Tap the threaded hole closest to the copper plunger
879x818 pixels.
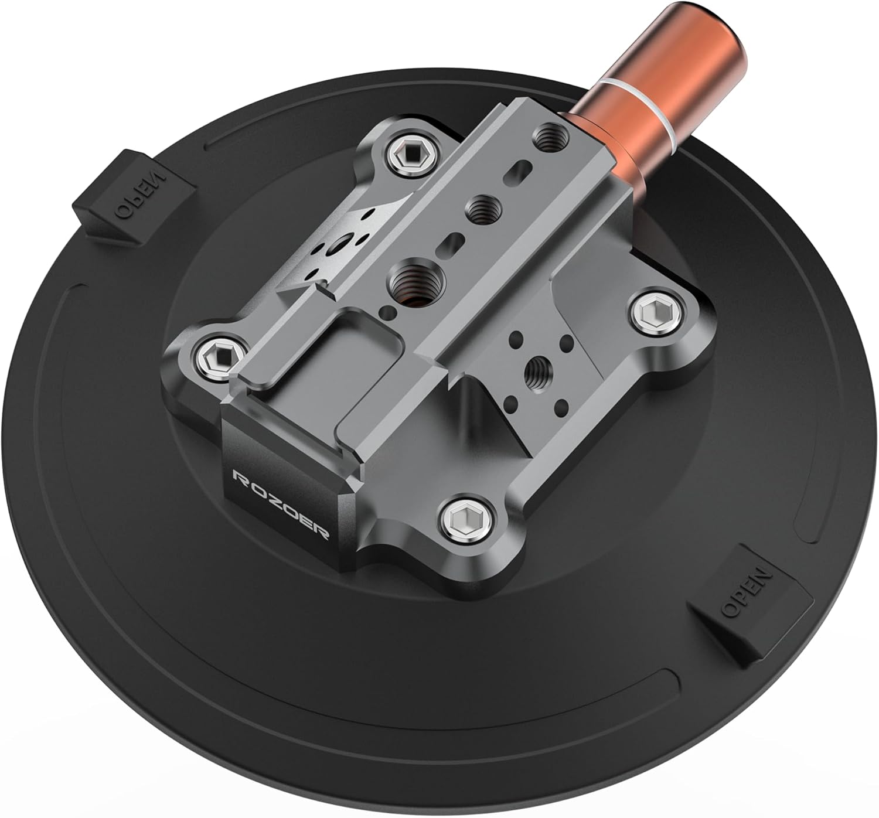pos(549,137)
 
